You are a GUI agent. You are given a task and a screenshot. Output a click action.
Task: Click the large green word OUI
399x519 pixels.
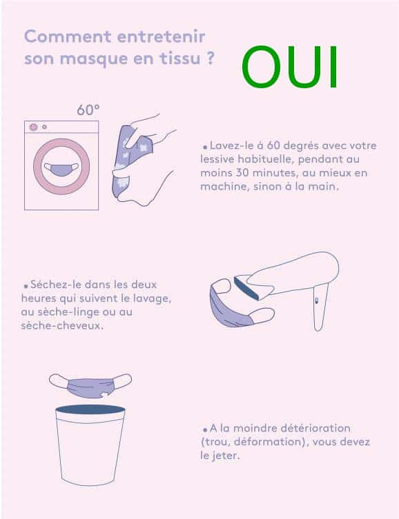point(290,67)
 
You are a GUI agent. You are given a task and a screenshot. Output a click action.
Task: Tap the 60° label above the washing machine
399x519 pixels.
point(88,110)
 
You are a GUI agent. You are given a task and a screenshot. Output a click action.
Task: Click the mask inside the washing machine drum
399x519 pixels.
point(61,170)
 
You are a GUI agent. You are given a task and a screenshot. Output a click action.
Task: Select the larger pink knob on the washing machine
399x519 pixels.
point(33,127)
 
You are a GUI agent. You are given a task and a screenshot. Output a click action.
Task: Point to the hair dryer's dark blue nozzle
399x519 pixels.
point(246,288)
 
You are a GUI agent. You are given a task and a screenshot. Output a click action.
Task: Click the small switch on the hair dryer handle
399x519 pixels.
point(316,301)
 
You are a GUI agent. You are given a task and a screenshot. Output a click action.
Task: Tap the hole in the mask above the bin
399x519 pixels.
point(105,394)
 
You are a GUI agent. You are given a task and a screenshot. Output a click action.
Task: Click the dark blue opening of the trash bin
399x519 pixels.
point(90,409)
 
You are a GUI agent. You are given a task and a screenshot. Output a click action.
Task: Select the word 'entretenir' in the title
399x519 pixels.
point(161,37)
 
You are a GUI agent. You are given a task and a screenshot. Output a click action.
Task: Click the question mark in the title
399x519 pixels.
point(210,59)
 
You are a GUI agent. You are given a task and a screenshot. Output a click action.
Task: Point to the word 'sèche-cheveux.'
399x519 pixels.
point(62,326)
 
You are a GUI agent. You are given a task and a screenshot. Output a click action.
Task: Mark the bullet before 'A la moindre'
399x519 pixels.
point(205,429)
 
